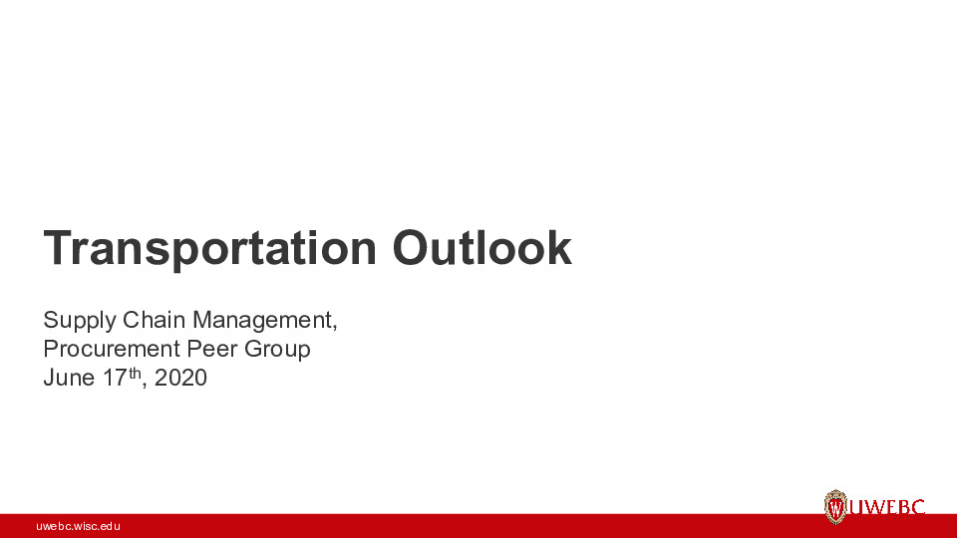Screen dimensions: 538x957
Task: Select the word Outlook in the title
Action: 481,248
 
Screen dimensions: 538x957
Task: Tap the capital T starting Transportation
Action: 56,248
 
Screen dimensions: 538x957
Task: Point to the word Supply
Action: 79,321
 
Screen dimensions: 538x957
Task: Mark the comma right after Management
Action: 335,328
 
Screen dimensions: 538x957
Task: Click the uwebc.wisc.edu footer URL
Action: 78,525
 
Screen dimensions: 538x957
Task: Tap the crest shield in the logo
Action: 835,507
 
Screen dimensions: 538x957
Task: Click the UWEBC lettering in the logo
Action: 886,508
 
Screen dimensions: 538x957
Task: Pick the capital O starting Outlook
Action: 411,248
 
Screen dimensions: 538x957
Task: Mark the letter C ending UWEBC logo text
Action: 917,508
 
